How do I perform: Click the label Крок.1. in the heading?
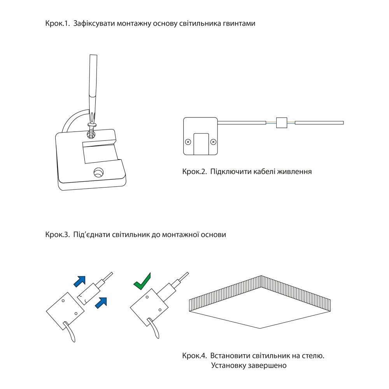coord(58,24)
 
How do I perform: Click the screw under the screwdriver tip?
coord(91,129)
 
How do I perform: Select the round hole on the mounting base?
coord(98,172)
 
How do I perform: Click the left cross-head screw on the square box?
coord(188,142)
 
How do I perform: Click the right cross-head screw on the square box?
coord(213,142)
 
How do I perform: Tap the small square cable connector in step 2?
coord(281,123)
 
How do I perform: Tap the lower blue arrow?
coord(102,301)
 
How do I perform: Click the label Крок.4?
coord(194,356)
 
